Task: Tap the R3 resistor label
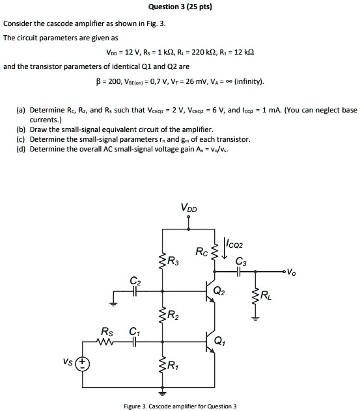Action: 173,262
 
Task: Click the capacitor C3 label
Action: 242,262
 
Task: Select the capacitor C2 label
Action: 135,282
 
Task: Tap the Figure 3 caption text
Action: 180,406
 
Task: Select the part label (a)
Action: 9,111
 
